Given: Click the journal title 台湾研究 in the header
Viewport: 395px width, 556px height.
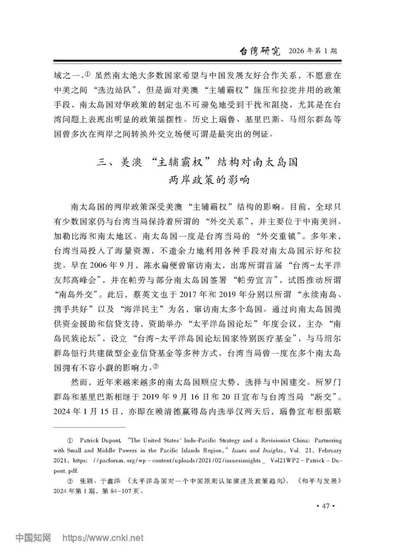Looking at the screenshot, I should (x=260, y=51).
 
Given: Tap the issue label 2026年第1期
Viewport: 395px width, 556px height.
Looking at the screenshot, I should (x=313, y=51).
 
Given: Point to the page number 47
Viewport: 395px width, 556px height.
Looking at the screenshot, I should (x=325, y=506).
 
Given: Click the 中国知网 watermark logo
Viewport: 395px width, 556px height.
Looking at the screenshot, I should (x=33, y=538).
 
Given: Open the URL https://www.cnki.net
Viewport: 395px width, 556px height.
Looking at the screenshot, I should (x=103, y=538).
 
